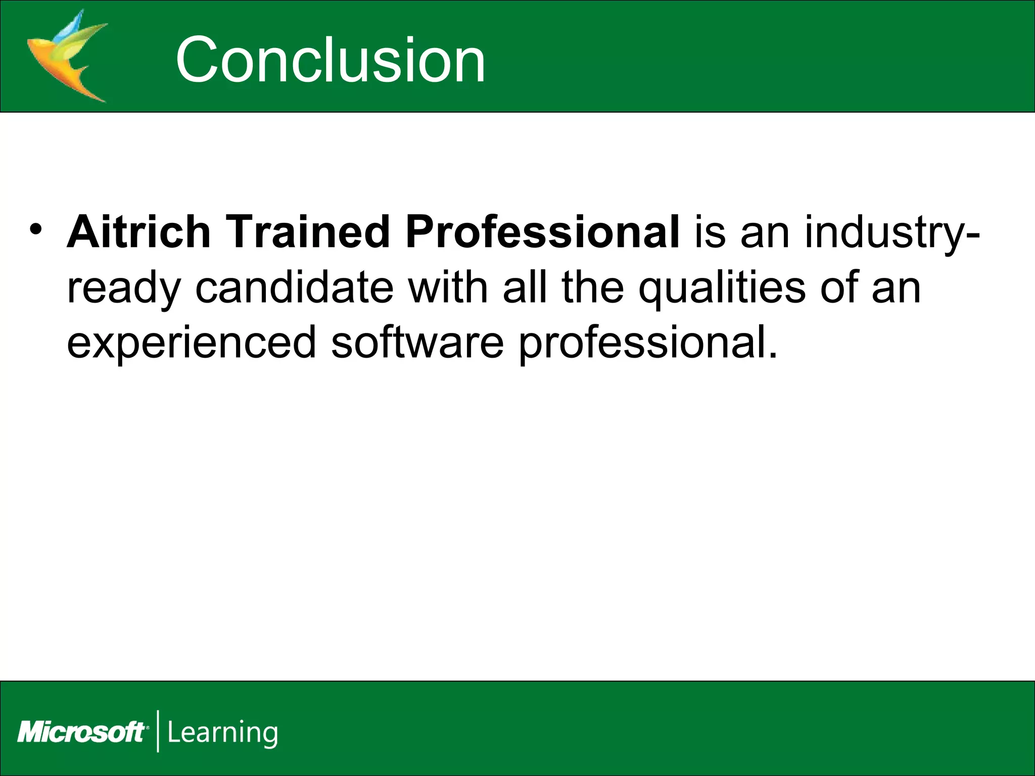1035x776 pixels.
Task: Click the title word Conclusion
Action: click(331, 61)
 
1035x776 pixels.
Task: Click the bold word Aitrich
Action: click(138, 232)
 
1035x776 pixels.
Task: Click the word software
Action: click(417, 342)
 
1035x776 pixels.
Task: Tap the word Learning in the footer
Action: click(222, 733)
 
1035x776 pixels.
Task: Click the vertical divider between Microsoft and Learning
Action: click(158, 731)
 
